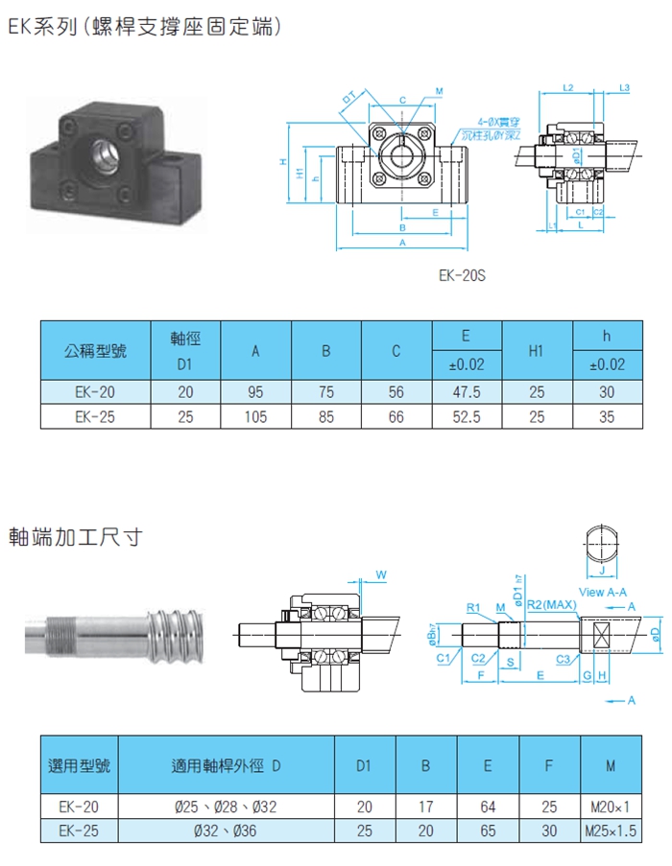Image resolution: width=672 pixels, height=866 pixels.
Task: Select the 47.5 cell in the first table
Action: click(x=466, y=392)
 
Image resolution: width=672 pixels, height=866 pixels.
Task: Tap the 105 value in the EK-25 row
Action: click(x=255, y=417)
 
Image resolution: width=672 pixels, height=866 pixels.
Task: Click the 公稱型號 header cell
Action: click(x=95, y=350)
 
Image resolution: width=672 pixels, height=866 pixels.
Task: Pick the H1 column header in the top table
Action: click(x=536, y=351)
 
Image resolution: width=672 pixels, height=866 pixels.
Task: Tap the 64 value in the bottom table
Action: click(x=488, y=807)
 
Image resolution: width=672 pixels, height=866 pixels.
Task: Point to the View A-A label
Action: click(x=604, y=593)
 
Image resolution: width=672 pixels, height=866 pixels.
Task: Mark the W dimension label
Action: click(x=381, y=574)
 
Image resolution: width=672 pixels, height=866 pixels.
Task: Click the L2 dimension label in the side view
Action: click(x=568, y=87)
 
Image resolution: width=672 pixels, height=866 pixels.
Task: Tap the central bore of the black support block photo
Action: click(x=103, y=152)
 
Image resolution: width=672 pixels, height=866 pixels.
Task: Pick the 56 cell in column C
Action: click(x=396, y=392)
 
